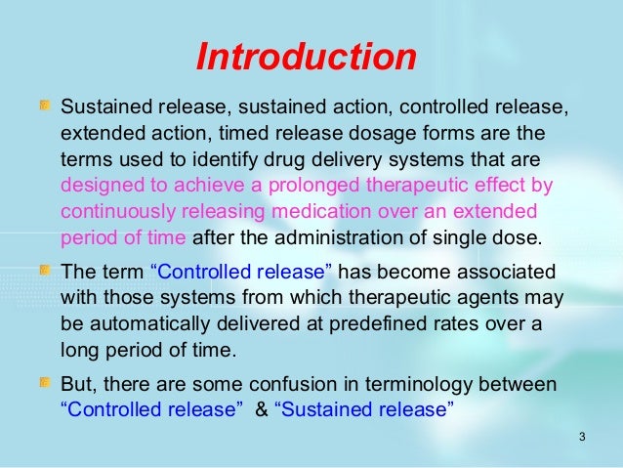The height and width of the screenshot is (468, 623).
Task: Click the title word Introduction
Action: (x=307, y=57)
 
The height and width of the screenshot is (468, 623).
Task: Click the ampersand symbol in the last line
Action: (x=260, y=410)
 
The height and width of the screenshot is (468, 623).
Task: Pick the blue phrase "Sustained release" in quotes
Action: (x=366, y=410)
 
